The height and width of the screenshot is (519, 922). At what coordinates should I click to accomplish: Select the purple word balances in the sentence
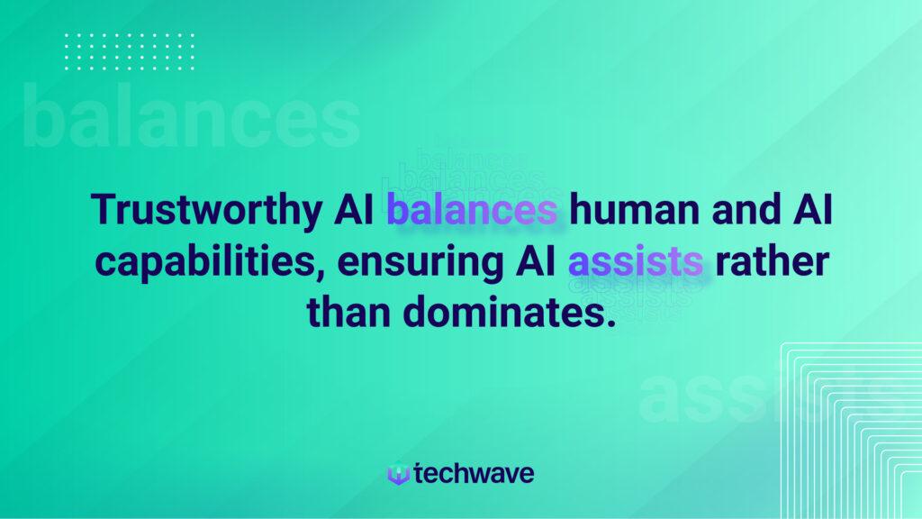click(472, 209)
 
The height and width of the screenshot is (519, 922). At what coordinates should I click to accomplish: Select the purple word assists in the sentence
click(635, 261)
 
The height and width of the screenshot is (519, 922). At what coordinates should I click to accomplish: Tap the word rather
click(772, 260)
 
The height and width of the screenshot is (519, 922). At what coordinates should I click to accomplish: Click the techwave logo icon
click(398, 474)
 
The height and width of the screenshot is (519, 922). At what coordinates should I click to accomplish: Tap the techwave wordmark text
click(474, 473)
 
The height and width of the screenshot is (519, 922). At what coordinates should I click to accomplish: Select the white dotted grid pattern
click(130, 51)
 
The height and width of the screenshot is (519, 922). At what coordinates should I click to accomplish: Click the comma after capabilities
click(321, 274)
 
